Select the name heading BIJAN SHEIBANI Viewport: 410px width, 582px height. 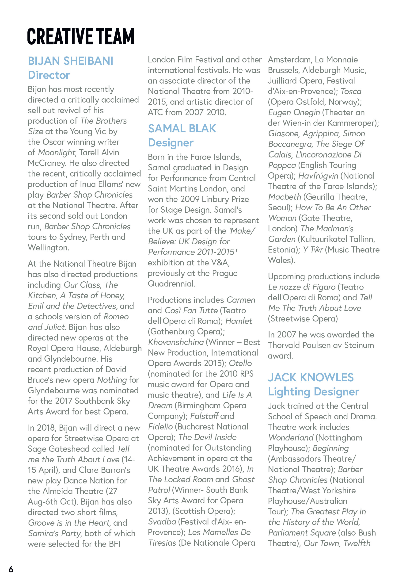pos(70,61)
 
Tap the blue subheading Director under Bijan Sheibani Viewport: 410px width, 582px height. pos(49,75)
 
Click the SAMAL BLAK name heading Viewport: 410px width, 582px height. pos(182,129)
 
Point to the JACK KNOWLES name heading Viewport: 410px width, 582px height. pos(311,377)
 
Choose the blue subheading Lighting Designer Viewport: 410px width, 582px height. pos(313,392)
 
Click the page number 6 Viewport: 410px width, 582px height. pos(11,569)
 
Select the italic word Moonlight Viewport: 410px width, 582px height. pos(57,153)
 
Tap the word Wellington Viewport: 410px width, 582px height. pos(48,248)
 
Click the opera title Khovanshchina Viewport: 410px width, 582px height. pos(176,342)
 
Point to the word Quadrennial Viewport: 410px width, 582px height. pos(171,284)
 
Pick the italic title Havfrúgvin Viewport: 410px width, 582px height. pos(318,176)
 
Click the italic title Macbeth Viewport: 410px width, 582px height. pos(285,197)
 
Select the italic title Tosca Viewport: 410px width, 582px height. pos(351,91)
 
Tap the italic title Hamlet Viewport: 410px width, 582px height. pos(239,321)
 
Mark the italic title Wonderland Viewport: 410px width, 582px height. pos(291,438)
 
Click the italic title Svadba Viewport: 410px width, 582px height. pos(162,522)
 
